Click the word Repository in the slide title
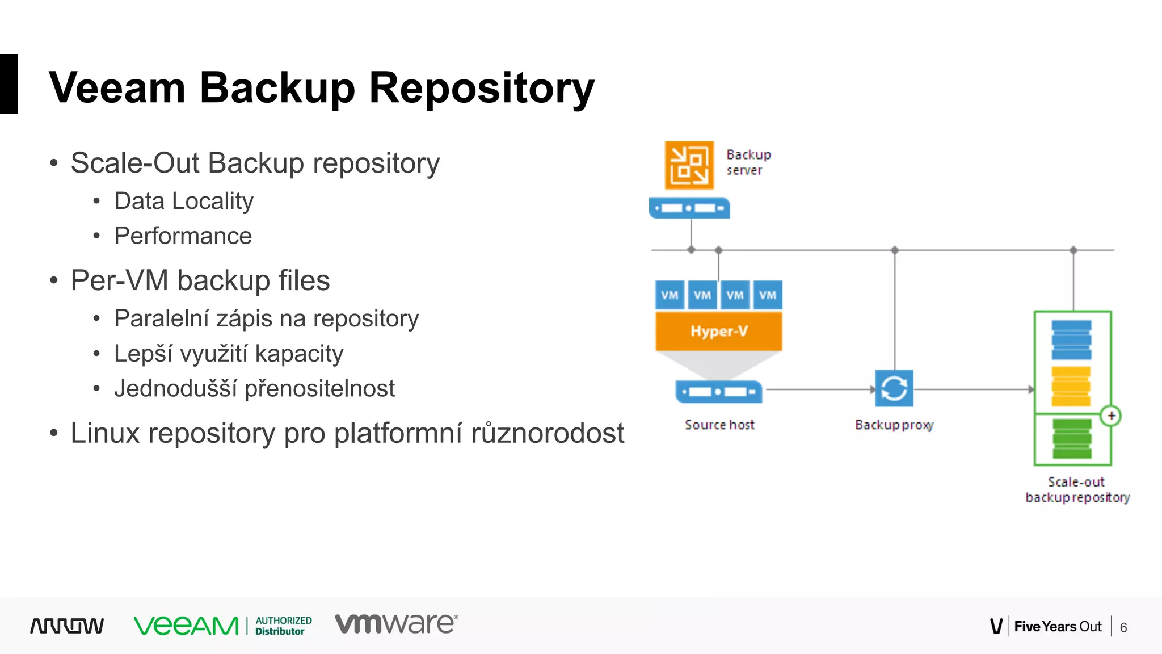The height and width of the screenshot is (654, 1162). [481, 89]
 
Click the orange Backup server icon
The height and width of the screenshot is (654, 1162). [689, 165]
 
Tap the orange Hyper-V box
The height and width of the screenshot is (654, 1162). [718, 331]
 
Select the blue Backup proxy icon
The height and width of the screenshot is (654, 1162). [894, 388]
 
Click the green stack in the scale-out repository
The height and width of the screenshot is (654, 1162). [1072, 438]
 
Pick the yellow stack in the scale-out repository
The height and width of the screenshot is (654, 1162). [1071, 386]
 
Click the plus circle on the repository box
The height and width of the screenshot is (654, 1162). [1111, 416]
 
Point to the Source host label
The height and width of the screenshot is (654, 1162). [719, 425]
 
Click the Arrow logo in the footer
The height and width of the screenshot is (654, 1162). [67, 626]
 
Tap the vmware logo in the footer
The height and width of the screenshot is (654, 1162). [396, 623]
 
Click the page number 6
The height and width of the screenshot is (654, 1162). [1123, 627]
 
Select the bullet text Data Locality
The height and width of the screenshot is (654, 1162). [184, 201]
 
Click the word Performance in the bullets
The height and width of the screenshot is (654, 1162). [183, 236]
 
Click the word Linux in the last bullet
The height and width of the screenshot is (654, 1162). [105, 433]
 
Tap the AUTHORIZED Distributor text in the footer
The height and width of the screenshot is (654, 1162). [283, 626]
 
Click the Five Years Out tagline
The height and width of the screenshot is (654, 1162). [1057, 627]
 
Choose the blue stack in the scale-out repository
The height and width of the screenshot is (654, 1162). [1071, 339]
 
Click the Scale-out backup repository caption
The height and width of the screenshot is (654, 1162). [1077, 489]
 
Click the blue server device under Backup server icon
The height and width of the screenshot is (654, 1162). [689, 208]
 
